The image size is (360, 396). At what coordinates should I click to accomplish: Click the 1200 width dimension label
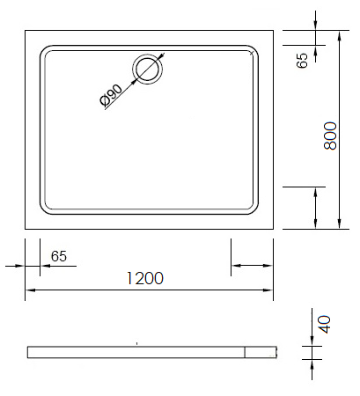coord(144,278)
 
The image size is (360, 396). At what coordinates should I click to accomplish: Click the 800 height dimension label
coord(331,136)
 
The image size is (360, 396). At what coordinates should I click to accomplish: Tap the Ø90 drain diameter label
coord(111,95)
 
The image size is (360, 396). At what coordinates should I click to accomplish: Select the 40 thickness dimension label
coord(325,325)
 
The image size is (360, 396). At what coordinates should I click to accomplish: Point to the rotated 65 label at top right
coord(302,61)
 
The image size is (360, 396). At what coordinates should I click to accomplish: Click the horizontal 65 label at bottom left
coord(59,256)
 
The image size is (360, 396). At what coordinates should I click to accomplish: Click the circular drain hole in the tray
coord(148,70)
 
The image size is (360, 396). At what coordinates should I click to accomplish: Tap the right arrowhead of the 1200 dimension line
coord(268,290)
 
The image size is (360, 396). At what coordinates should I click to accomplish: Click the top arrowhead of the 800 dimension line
coord(340,36)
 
